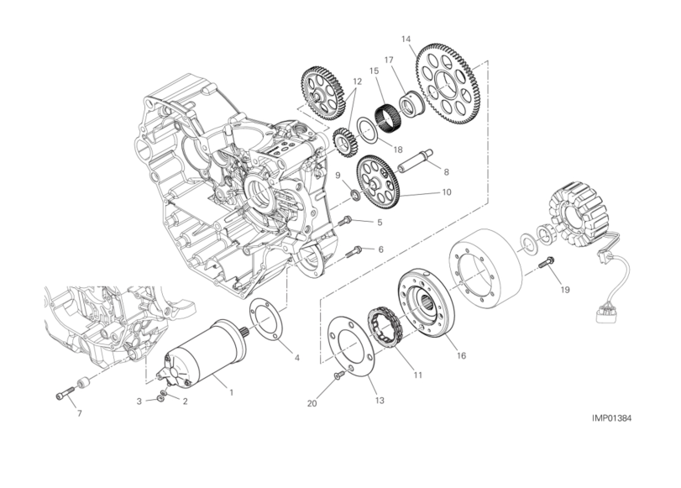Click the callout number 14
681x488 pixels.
[406, 39]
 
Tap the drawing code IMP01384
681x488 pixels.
[611, 418]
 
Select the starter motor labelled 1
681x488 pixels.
[202, 354]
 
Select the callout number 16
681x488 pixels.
[461, 356]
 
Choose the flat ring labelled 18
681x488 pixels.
[367, 129]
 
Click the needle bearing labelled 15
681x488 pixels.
[383, 114]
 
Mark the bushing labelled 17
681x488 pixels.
[410, 105]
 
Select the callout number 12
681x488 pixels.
[357, 81]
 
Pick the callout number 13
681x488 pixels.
[380, 401]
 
